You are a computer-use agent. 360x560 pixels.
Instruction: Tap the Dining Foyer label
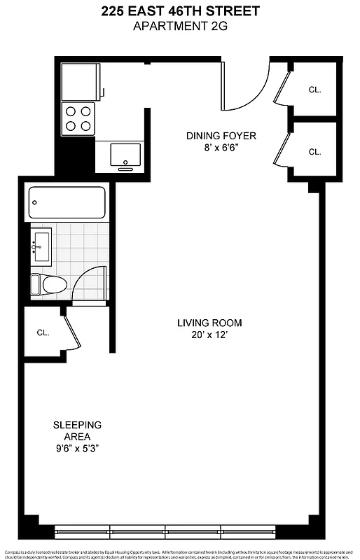point(221,136)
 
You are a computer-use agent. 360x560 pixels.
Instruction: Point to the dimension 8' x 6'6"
point(221,148)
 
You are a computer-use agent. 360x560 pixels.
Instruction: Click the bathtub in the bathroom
point(67,202)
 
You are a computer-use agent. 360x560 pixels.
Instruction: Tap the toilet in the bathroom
point(48,284)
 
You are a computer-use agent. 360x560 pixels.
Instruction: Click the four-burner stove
point(78,118)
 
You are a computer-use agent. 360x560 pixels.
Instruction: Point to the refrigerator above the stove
point(81,80)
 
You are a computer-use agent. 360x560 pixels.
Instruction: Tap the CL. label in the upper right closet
point(315,89)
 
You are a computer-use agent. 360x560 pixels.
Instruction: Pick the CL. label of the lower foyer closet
point(315,152)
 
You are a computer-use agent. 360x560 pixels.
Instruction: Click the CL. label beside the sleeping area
point(43,332)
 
